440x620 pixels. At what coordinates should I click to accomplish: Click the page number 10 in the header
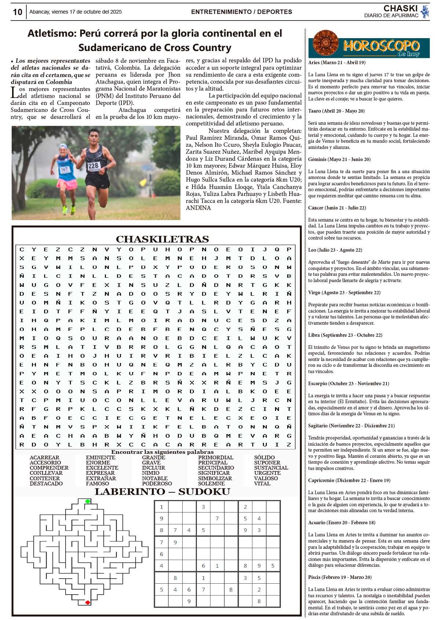(18, 12)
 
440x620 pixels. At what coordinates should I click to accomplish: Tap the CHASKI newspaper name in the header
(400, 8)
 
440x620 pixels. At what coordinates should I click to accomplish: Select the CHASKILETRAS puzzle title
(162, 239)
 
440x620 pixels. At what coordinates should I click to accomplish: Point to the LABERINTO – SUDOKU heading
(162, 492)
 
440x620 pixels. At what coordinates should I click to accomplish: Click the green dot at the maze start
(88, 501)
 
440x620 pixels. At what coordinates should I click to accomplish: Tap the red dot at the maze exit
(88, 602)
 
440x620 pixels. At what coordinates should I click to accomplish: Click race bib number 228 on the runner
(93, 165)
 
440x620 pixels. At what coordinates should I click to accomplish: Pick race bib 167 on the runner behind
(64, 169)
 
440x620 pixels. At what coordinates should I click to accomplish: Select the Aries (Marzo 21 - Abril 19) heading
(337, 63)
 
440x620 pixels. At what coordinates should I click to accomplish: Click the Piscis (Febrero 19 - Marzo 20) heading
(340, 577)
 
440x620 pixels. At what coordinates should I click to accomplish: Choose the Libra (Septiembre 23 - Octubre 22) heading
(345, 335)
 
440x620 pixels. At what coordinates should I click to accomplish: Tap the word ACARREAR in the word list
(44, 457)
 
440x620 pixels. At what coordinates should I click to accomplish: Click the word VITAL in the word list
(262, 484)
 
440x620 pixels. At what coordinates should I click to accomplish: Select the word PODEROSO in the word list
(157, 484)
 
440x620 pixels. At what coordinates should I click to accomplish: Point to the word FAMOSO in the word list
(97, 484)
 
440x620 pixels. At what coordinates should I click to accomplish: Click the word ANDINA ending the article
(198, 208)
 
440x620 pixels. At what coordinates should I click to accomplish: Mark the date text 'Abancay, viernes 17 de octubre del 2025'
(76, 12)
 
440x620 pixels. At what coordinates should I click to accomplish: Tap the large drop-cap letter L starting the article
(14, 92)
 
